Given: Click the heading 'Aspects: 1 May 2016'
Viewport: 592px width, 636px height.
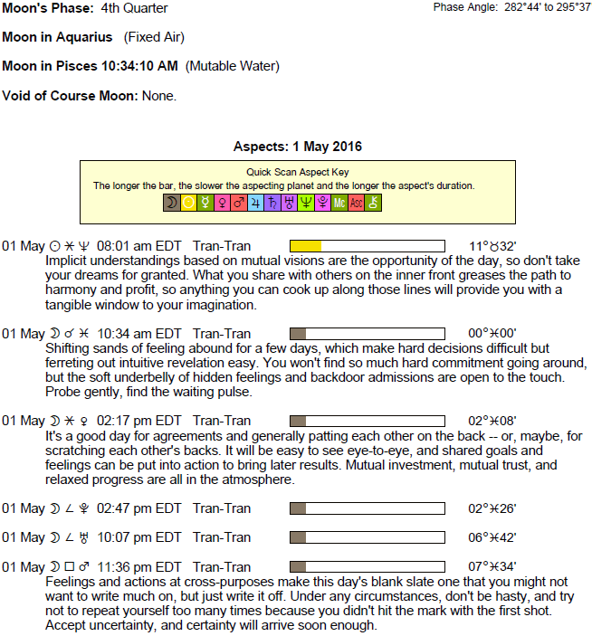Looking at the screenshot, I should [x=298, y=147].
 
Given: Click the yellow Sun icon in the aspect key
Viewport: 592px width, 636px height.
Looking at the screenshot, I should [x=188, y=204].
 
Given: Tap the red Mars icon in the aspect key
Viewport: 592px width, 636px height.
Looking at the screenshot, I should [x=239, y=204].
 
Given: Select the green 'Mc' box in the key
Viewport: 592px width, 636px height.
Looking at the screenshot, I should [x=339, y=204].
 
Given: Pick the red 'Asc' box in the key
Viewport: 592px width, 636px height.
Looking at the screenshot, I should [x=357, y=204].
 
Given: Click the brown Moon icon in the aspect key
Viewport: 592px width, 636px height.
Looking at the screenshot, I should [x=171, y=204].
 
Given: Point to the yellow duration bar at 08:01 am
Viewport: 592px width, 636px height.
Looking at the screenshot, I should [x=305, y=246].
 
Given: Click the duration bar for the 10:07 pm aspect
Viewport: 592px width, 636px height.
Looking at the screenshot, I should [x=367, y=537].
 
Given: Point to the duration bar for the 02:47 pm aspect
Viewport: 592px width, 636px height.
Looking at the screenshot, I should [x=367, y=508].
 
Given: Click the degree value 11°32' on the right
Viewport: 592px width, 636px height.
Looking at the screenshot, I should [x=492, y=246].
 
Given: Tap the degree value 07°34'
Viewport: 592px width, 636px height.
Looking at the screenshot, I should [x=492, y=566].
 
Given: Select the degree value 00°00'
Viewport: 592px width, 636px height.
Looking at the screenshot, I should [x=492, y=333].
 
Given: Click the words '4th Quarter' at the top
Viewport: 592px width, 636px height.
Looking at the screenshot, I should [x=134, y=8].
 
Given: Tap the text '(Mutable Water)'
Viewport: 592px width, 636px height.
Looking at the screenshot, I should [x=233, y=66].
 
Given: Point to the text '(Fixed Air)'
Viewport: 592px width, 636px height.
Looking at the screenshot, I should [x=154, y=37].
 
